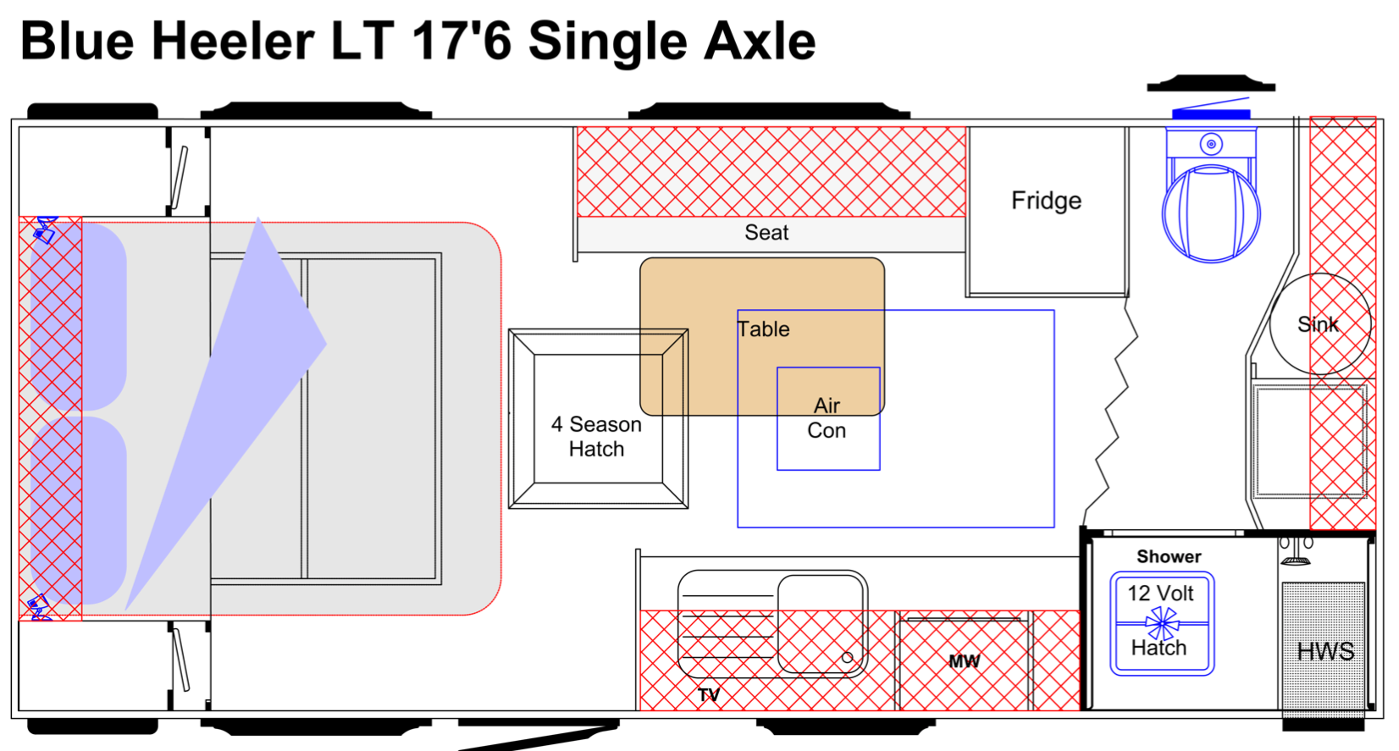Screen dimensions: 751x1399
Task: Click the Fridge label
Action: [x=1046, y=201]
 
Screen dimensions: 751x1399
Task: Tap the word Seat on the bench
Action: [x=766, y=233]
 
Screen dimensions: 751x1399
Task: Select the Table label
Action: [x=763, y=329]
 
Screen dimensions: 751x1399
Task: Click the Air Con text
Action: [x=827, y=418]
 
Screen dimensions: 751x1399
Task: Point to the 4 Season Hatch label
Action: [x=596, y=437]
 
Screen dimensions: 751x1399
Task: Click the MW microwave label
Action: [x=964, y=661]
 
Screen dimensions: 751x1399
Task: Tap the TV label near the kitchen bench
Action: [x=709, y=695]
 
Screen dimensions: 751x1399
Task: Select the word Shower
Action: [x=1169, y=557]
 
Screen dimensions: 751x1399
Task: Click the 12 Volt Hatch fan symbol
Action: [x=1162, y=623]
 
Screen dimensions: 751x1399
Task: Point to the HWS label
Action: [x=1325, y=651]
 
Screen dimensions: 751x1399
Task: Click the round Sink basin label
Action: [x=1318, y=324]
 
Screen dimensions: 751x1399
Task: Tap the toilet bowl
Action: [x=1211, y=213]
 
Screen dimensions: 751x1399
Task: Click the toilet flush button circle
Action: [x=1211, y=144]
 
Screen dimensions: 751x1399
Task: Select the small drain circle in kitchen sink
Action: [x=847, y=658]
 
